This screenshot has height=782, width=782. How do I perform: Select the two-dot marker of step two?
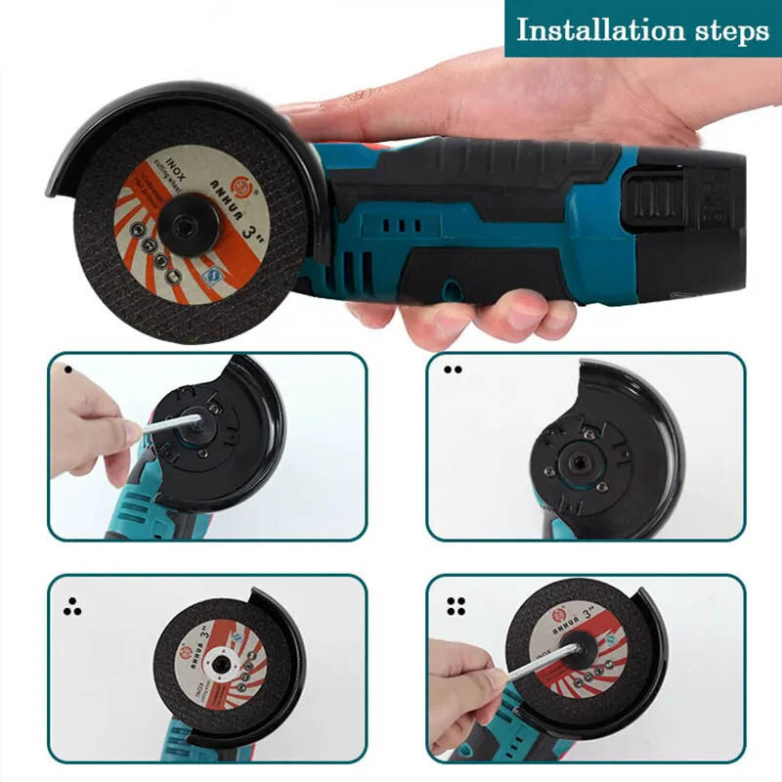pyautogui.click(x=452, y=370)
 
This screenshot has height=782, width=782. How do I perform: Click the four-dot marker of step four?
pyautogui.click(x=455, y=606)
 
